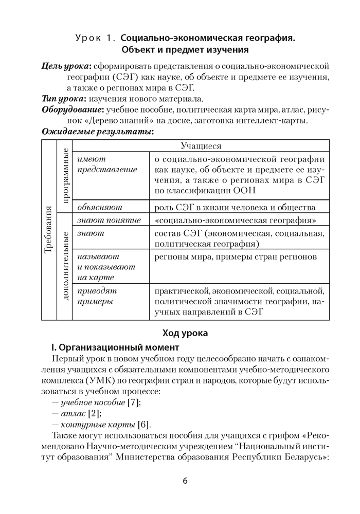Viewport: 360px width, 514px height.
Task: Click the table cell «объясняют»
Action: click(x=99, y=207)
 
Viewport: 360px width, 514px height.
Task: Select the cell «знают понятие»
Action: click(x=109, y=221)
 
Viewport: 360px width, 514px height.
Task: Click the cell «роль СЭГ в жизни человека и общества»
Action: click(x=235, y=207)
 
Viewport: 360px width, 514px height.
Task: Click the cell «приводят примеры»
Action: click(x=95, y=296)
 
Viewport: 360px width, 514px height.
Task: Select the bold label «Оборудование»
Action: click(x=73, y=110)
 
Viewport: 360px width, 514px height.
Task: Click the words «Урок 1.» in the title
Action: click(x=96, y=39)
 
